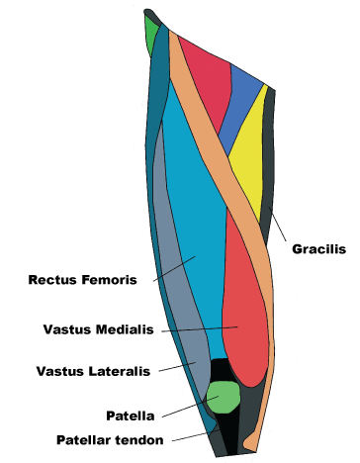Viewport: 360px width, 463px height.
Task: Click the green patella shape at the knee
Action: (x=225, y=397)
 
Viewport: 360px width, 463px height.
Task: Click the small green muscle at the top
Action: (x=151, y=40)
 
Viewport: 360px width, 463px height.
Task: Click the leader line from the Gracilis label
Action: (x=280, y=227)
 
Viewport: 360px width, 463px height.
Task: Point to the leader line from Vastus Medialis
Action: (x=198, y=327)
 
